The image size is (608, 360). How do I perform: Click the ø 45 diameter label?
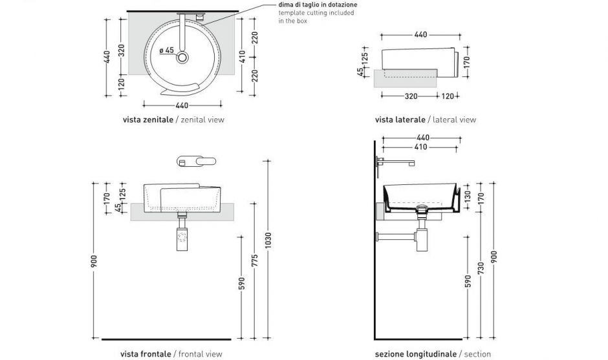[x=166, y=50]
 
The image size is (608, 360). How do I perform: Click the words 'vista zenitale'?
[x=147, y=120]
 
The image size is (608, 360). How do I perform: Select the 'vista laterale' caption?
[x=400, y=120]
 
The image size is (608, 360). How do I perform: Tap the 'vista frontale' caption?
[x=146, y=354]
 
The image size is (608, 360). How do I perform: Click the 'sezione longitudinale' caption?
[x=416, y=354]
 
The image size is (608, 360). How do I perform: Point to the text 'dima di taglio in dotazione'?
[x=318, y=5]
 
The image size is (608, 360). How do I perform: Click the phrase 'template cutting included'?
[x=317, y=13]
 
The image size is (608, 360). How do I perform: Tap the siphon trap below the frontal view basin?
[x=182, y=237]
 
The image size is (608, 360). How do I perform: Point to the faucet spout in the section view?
[x=396, y=163]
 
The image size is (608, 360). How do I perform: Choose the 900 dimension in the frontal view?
[x=94, y=260]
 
